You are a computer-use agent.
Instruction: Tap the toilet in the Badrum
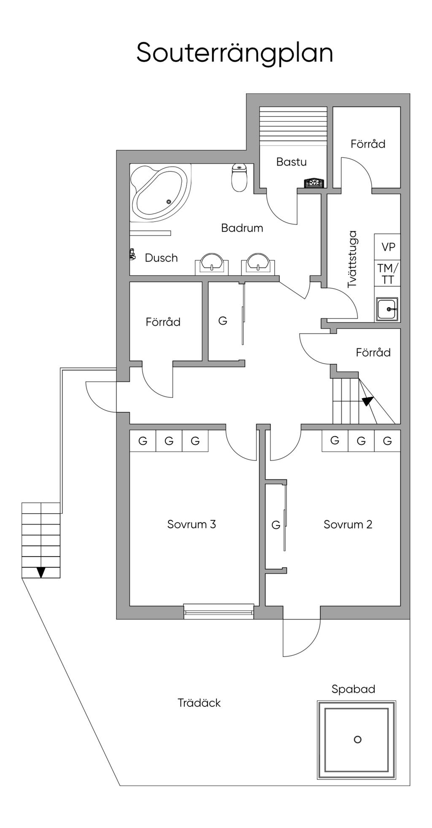tap(239, 178)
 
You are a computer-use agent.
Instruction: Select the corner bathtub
tap(160, 192)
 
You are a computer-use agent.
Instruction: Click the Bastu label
tap(292, 162)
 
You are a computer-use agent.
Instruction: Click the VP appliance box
tap(388, 247)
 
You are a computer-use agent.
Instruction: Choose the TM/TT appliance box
tap(388, 273)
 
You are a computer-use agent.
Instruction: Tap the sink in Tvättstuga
tap(387, 309)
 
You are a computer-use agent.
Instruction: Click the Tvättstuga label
tap(352, 259)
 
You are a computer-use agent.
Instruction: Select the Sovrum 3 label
tap(192, 524)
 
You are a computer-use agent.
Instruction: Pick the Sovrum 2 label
tap(348, 525)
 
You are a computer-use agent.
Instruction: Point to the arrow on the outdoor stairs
tap(41, 572)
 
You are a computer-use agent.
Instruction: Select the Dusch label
tap(161, 258)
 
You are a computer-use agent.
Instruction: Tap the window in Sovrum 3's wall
tap(219, 612)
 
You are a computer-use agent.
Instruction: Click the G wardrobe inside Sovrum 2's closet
tap(275, 525)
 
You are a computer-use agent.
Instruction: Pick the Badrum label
tap(242, 228)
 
